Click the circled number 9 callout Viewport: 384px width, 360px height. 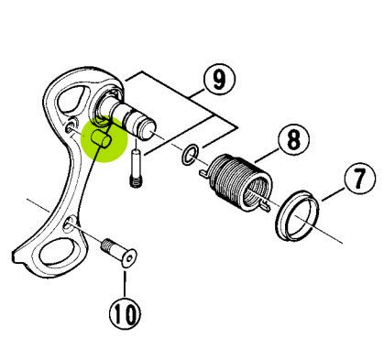(219, 79)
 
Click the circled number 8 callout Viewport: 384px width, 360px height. (294, 139)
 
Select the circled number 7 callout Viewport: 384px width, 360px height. (360, 178)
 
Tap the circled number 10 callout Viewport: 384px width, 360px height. (126, 312)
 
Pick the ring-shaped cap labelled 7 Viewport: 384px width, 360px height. (297, 215)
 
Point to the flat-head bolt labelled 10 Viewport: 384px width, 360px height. (119, 253)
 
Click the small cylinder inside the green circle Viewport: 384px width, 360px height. (102, 138)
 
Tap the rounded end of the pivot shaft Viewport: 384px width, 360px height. (149, 130)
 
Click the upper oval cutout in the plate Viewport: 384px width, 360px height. (72, 99)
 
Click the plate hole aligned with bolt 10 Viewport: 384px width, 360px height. (69, 224)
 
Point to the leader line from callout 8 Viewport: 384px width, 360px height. (268, 155)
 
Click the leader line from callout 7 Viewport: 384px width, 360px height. (333, 194)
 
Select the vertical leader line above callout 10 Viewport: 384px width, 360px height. (125, 284)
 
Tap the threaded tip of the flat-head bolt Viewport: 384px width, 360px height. (107, 245)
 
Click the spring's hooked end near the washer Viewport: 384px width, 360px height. (204, 172)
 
